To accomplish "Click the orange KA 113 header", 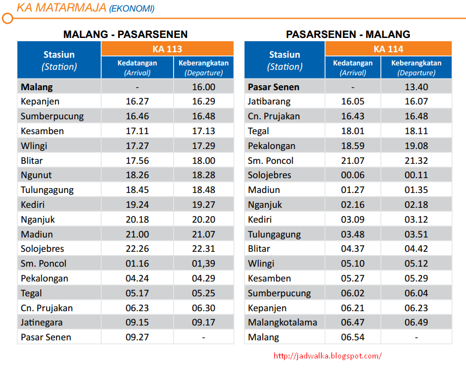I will tap(167, 49).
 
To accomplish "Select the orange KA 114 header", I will tap(388, 49).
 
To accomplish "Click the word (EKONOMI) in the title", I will tap(131, 9).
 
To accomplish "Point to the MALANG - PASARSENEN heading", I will tap(125, 34).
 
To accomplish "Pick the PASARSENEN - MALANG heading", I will tap(348, 34).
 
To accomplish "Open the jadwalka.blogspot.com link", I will tap(327, 356).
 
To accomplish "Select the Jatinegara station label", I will tap(42, 323).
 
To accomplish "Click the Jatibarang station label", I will tap(269, 102).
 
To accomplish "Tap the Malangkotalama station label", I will tap(282, 323).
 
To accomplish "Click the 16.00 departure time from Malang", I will tap(203, 87).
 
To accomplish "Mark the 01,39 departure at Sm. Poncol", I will tap(203, 264).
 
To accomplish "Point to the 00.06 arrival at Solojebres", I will tap(352, 175).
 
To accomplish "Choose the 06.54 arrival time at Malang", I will tap(352, 338).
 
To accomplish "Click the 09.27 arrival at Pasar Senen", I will tap(137, 338).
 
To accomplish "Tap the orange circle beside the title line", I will tap(7, 19).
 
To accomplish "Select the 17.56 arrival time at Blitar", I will tap(137, 161).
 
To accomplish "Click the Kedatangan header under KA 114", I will tap(352, 67).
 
